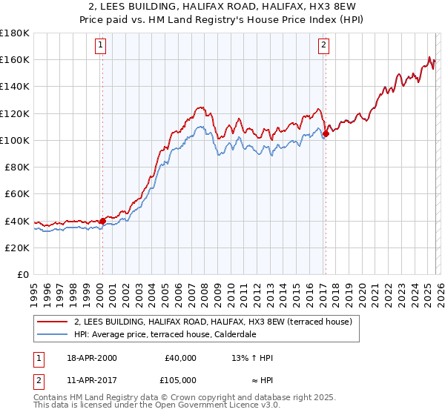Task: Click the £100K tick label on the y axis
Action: click(x=14, y=140)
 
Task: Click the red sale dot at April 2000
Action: click(x=102, y=220)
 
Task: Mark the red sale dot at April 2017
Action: click(x=326, y=133)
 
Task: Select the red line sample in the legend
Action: click(x=53, y=322)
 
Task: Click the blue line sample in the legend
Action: click(x=53, y=335)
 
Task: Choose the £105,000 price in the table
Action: click(x=180, y=380)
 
